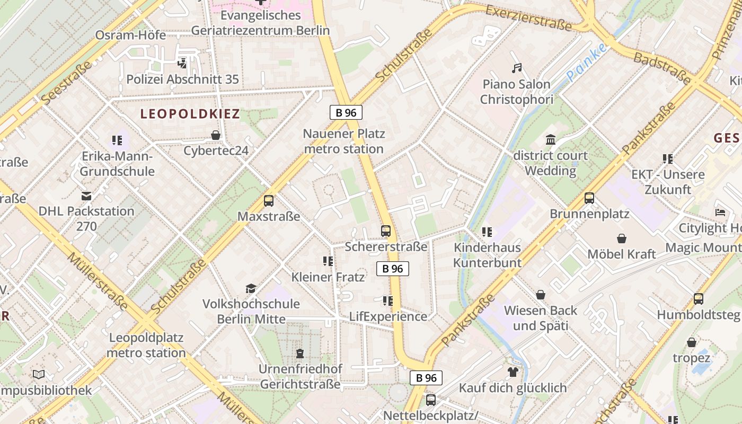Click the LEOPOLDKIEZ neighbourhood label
pyautogui.click(x=190, y=114)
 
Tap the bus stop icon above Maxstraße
pyautogui.click(x=269, y=201)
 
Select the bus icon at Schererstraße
pyautogui.click(x=386, y=231)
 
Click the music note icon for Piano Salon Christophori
pyautogui.click(x=517, y=68)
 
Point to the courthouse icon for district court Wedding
pyautogui.click(x=551, y=140)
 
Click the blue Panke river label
pyautogui.click(x=586, y=63)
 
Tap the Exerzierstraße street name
pyautogui.click(x=528, y=18)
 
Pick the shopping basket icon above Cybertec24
pyautogui.click(x=216, y=135)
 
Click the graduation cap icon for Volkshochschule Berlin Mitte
pyautogui.click(x=251, y=288)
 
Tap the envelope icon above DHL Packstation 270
pyautogui.click(x=86, y=196)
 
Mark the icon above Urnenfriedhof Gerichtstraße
pyautogui.click(x=300, y=353)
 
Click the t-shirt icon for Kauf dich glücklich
pyautogui.click(x=513, y=372)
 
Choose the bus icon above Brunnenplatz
pyautogui.click(x=589, y=198)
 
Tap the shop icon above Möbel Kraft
pyautogui.click(x=622, y=238)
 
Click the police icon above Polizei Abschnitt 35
pyautogui.click(x=182, y=64)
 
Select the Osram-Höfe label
pyautogui.click(x=130, y=35)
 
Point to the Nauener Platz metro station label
pyautogui.click(x=344, y=141)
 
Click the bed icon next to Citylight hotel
pyautogui.click(x=720, y=213)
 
